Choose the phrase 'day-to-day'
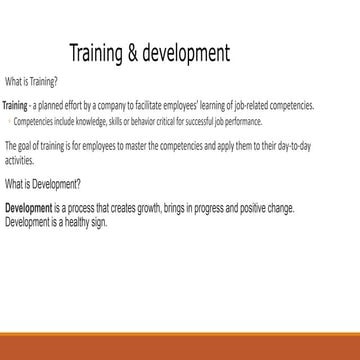click(267, 141)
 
